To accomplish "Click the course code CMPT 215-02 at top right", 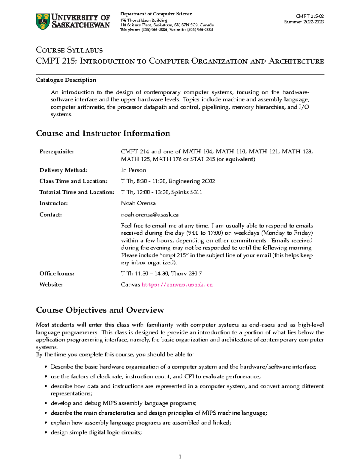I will click(x=310, y=16).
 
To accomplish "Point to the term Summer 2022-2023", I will click(x=304, y=22).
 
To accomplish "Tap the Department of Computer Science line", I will click(x=156, y=14).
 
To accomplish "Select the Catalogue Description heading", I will click(x=66, y=80).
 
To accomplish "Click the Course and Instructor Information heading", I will click(x=103, y=134).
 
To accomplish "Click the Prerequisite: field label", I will click(x=56, y=152).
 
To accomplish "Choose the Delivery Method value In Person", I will click(x=133, y=170).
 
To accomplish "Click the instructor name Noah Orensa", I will click(x=138, y=203).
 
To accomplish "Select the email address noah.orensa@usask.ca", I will click(x=149, y=215).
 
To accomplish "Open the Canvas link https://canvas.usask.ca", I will click(x=177, y=285).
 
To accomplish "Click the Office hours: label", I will click(x=57, y=274).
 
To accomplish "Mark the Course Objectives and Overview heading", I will click(x=100, y=310).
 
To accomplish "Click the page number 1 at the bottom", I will click(x=180, y=457).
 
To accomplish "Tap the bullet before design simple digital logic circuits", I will click(x=46, y=433).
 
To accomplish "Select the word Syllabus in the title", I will click(x=85, y=50).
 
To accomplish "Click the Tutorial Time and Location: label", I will click(x=77, y=192).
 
